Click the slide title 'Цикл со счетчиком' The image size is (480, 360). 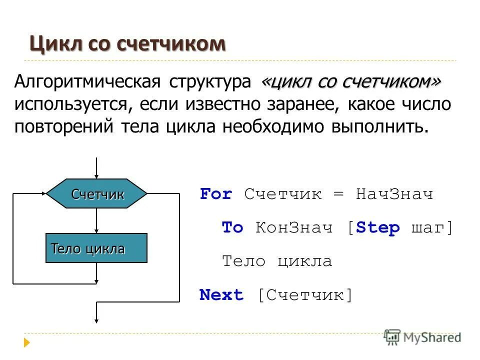[x=127, y=44]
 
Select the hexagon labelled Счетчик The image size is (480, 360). [x=97, y=193]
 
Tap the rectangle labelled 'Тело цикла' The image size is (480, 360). [x=96, y=248]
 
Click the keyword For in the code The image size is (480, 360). [x=216, y=194]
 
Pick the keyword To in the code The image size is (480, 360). [x=232, y=228]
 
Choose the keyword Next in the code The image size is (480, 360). [x=221, y=295]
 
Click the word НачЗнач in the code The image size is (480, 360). [x=394, y=194]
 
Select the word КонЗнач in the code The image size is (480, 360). [x=294, y=228]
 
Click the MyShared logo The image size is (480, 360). [x=422, y=337]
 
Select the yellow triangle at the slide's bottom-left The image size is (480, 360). [x=27, y=343]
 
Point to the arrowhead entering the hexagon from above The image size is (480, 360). [x=96, y=175]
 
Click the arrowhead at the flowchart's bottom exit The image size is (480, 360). [x=96, y=321]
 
